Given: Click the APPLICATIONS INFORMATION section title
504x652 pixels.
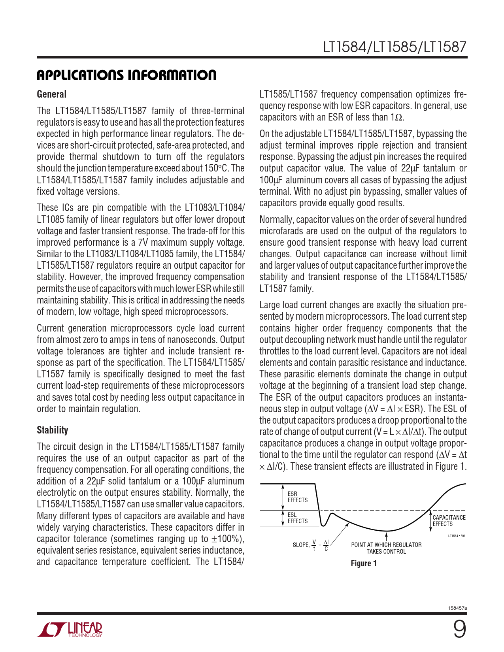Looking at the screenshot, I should tap(126, 75).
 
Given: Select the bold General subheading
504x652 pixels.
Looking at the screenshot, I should tap(51, 94).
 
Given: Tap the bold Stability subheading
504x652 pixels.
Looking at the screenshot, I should tap(52, 430).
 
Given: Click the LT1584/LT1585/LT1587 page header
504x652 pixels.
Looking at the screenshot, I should tap(395, 47).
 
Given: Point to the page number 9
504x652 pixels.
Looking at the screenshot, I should tap(459, 629).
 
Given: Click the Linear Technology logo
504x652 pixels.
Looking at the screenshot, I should tap(70, 629).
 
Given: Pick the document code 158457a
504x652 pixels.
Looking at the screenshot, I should tap(457, 608).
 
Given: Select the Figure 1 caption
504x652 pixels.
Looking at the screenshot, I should tap(364, 563).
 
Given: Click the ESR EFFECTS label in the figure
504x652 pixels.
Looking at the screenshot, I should tap(297, 497).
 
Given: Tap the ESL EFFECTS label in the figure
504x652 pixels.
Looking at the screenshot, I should tap(297, 518).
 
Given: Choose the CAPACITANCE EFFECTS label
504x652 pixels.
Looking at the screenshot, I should tap(449, 521).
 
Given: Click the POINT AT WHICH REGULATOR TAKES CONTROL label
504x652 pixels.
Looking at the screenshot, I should tap(386, 548).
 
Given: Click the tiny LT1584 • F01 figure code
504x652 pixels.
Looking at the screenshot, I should tap(457, 536).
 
